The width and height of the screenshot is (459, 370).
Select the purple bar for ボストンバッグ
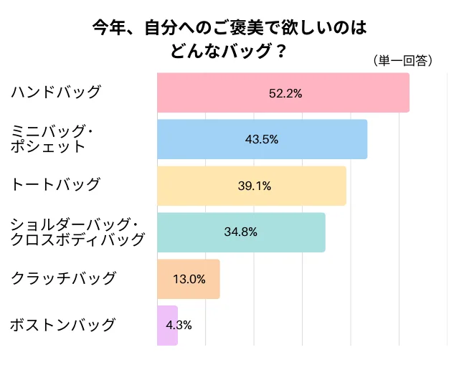click(167, 325)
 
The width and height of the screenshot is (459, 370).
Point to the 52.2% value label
click(285, 93)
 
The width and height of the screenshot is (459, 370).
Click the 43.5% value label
click(262, 140)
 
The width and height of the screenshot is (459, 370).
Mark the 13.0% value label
click(189, 279)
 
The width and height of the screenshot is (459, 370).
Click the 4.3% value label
click(179, 325)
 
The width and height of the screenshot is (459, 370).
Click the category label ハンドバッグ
click(55, 92)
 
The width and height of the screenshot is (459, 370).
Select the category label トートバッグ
click(55, 184)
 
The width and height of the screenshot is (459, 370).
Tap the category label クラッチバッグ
click(62, 278)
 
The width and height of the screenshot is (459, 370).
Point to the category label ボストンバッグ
click(62, 325)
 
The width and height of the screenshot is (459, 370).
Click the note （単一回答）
click(403, 61)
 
